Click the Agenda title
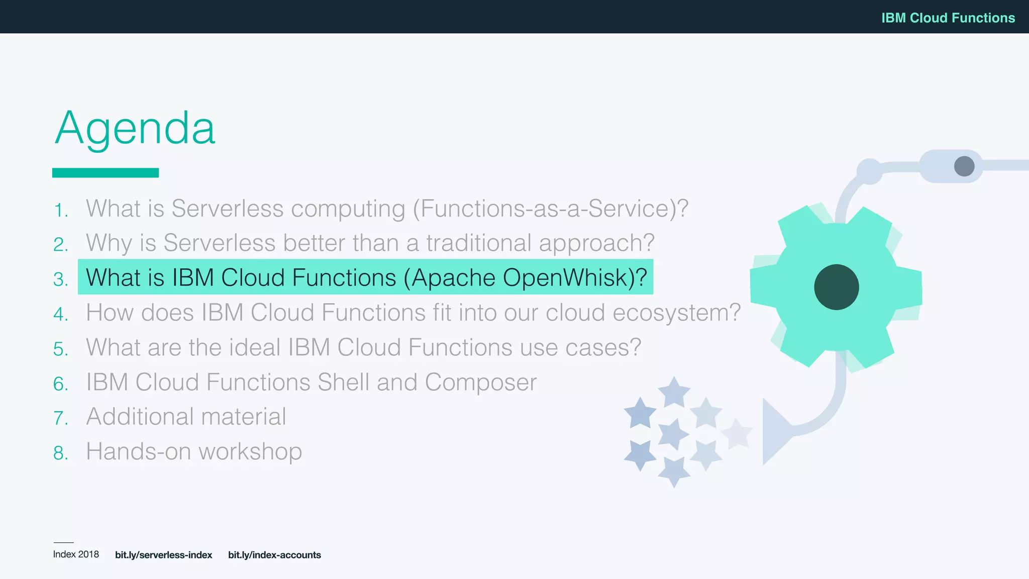[135, 128]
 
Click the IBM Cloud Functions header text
[948, 18]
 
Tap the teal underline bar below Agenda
[106, 172]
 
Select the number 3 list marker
[60, 279]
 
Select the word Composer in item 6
[480, 382]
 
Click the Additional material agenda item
[186, 417]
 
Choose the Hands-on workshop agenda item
[194, 451]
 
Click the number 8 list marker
[60, 453]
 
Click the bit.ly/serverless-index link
[163, 555]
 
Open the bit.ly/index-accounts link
[274, 555]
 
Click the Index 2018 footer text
[76, 554]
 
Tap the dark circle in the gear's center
[836, 287]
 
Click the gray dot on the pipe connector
[964, 166]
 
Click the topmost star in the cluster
[674, 392]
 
